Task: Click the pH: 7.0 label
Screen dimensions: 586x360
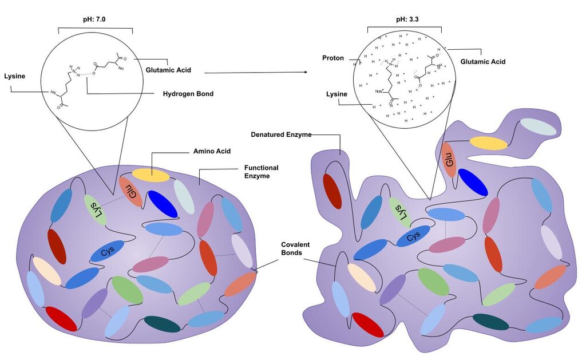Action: (x=94, y=19)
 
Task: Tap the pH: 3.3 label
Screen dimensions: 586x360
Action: (x=407, y=19)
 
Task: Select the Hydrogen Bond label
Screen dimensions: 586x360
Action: (x=188, y=93)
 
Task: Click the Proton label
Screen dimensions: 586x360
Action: (x=333, y=58)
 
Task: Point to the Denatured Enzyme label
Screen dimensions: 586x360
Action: (x=281, y=134)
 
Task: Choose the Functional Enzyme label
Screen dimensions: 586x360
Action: (x=261, y=172)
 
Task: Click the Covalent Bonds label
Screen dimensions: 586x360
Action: (x=295, y=248)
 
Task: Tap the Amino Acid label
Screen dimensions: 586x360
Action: (x=212, y=151)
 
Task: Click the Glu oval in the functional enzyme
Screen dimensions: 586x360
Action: (x=131, y=191)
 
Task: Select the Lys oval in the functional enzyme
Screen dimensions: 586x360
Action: (x=95, y=209)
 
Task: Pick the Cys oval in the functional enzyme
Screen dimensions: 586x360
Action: (x=107, y=251)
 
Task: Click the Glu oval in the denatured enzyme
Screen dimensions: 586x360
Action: (x=450, y=160)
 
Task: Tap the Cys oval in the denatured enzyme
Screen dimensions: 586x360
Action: (x=413, y=236)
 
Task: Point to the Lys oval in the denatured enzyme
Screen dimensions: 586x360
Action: (x=400, y=212)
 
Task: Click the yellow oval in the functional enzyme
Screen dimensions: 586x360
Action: (x=151, y=175)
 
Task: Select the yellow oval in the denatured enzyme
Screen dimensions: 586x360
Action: (x=489, y=143)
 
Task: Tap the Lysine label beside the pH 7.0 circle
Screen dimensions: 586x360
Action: (x=14, y=76)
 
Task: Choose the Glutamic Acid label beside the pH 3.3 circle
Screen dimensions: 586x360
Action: (x=483, y=62)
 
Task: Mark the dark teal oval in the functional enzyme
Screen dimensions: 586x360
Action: (x=162, y=324)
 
